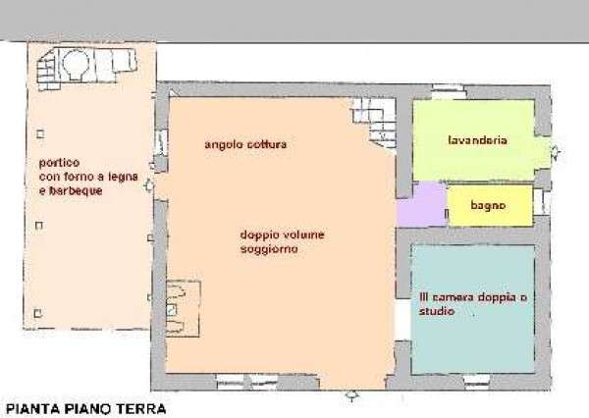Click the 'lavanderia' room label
click(477, 140)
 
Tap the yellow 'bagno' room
click(491, 205)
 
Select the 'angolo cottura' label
click(245, 144)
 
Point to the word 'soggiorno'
click(269, 249)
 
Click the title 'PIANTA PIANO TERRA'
click(86, 408)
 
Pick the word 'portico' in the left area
click(59, 163)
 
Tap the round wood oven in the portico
click(77, 65)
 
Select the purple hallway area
click(422, 204)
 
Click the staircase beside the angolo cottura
click(374, 122)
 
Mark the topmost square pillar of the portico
click(40, 133)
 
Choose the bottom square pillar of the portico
click(37, 313)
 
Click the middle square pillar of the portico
click(39, 226)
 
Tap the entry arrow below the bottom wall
click(351, 395)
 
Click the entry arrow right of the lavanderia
click(556, 152)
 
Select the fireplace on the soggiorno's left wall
click(183, 308)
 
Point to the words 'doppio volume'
click(282, 235)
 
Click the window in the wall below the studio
click(476, 380)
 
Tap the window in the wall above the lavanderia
click(448, 91)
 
